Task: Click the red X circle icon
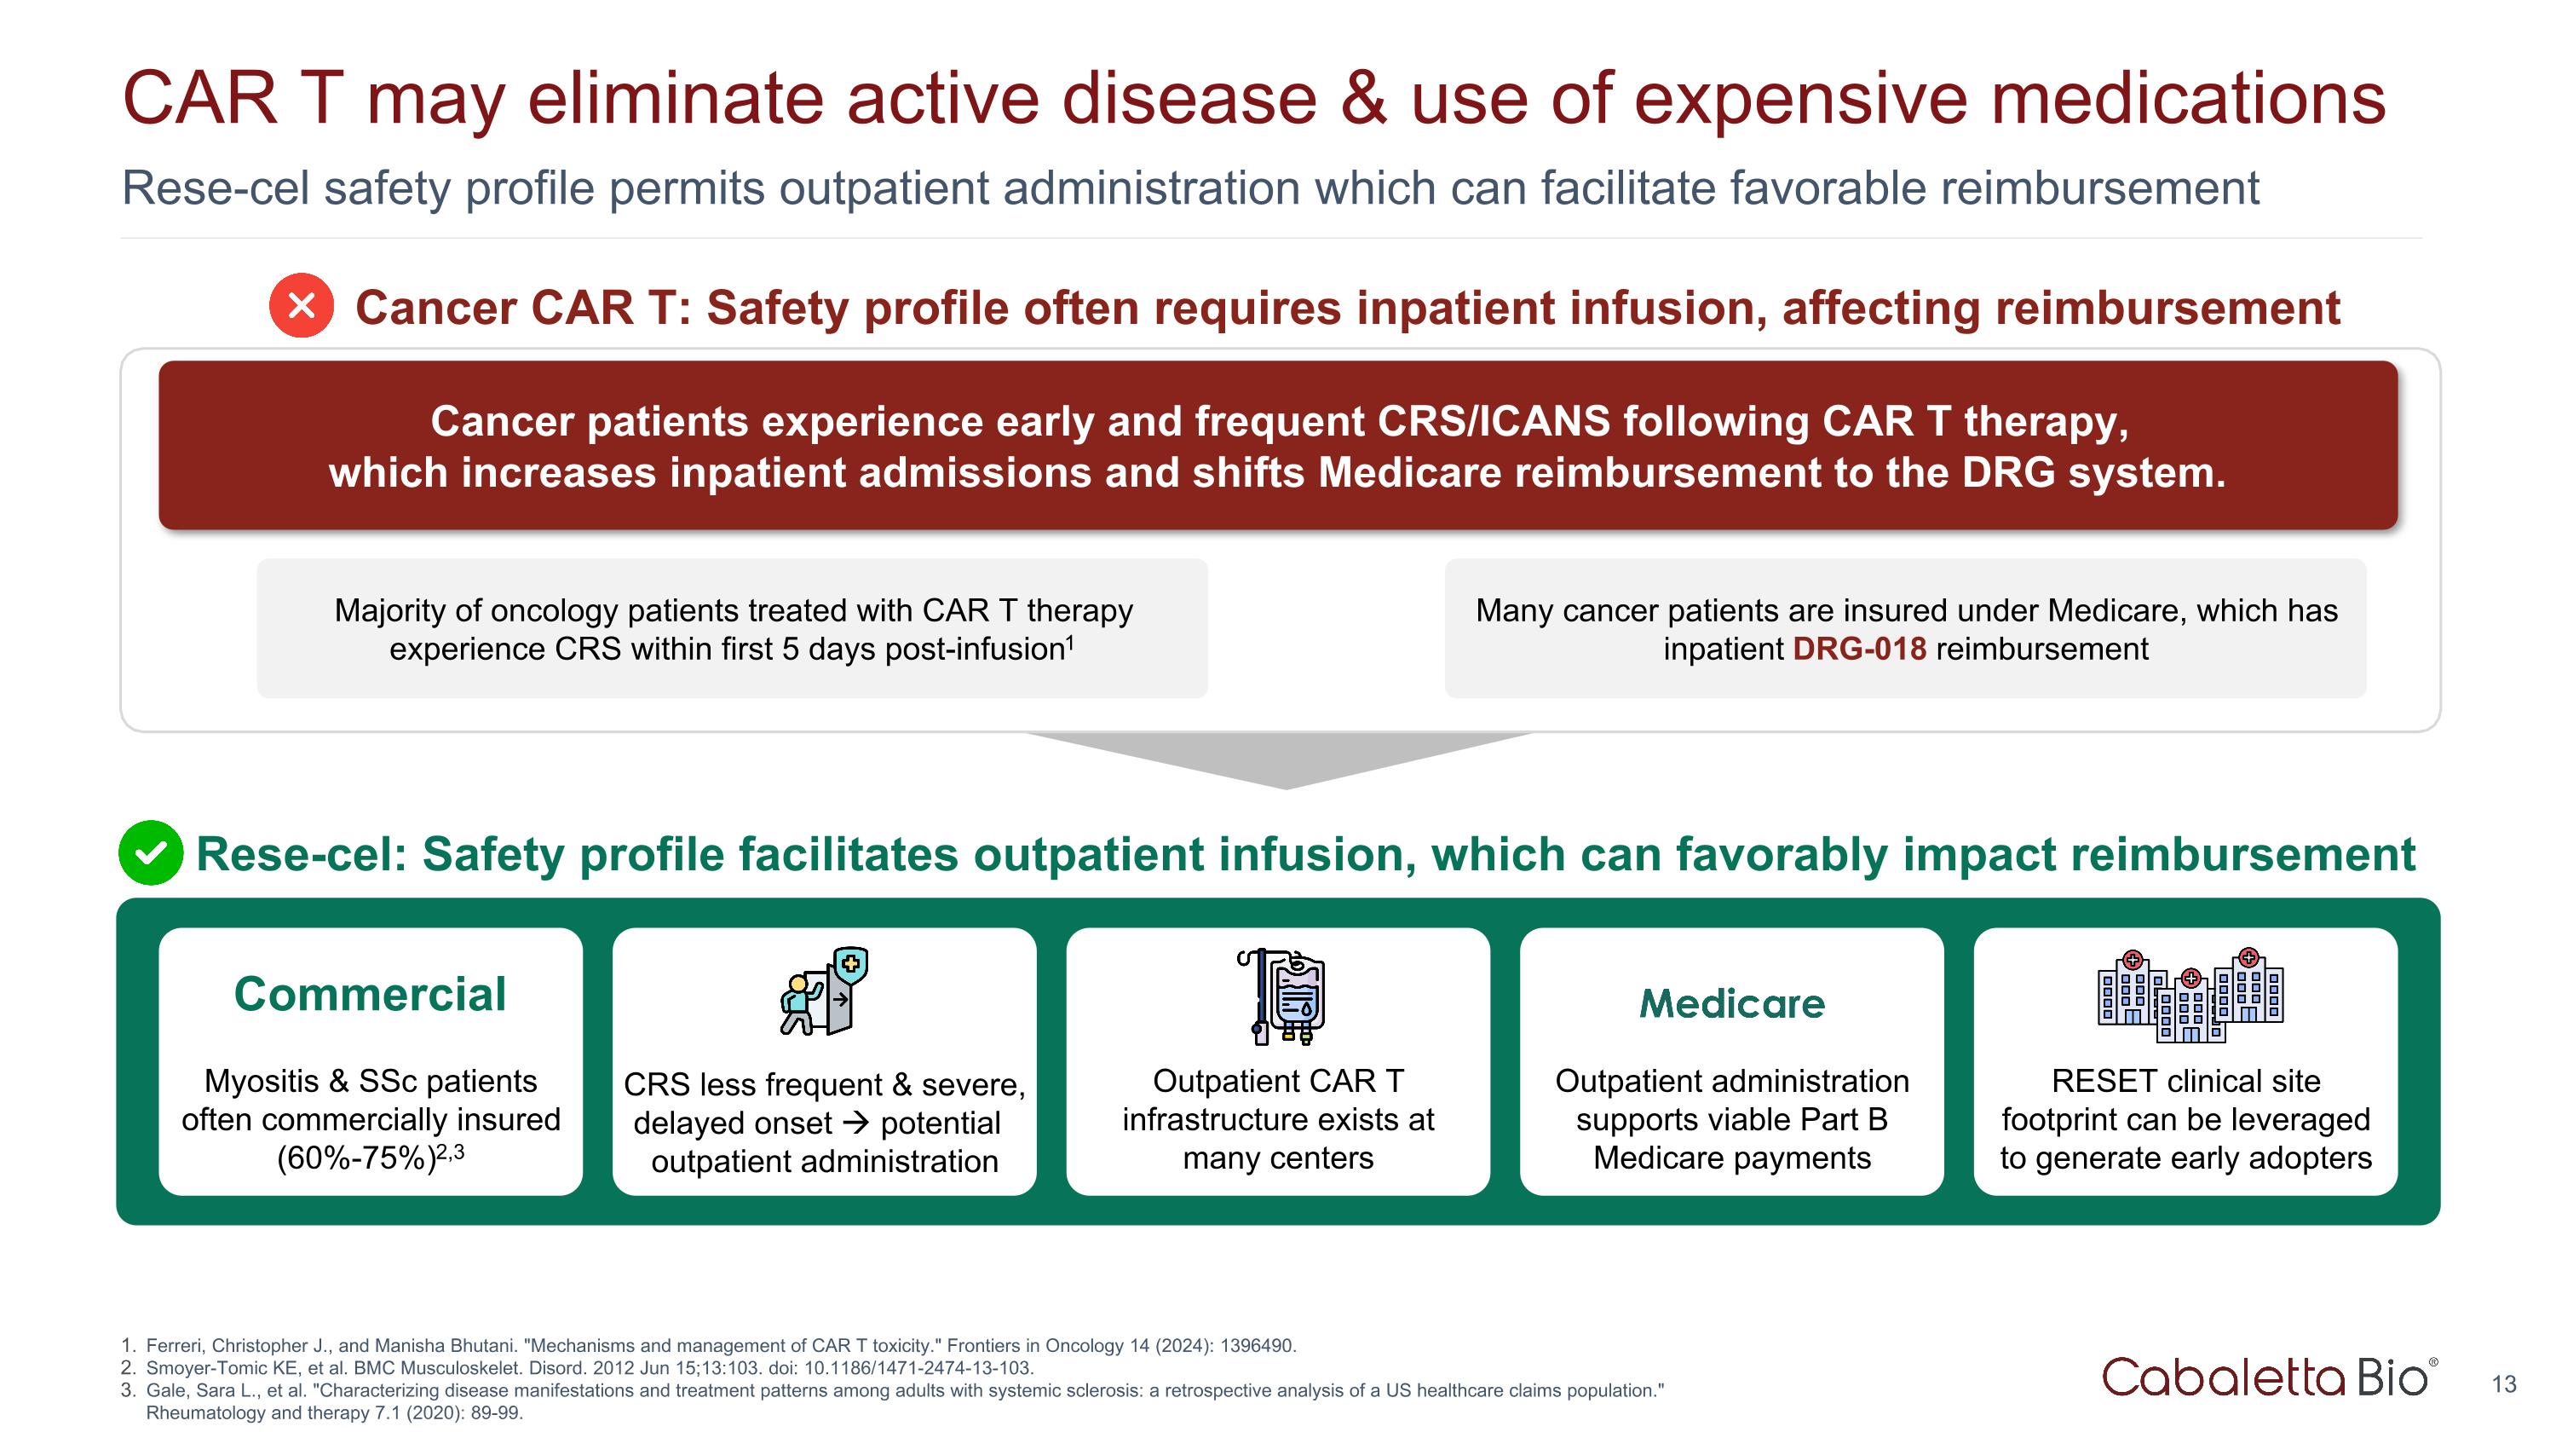point(302,306)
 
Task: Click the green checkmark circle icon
point(151,852)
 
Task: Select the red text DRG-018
point(1858,649)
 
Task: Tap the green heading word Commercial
point(370,995)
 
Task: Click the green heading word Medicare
point(1731,1003)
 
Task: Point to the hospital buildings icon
point(2190,996)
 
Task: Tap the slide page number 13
point(2503,1384)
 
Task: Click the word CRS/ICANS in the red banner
point(1494,422)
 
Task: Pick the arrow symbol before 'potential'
point(855,1123)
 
